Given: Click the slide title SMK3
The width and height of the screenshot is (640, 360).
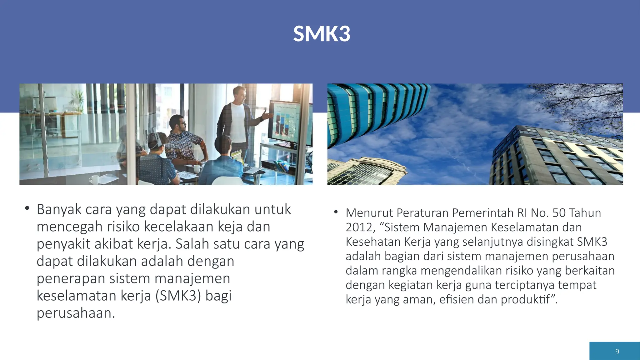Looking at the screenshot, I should [322, 34].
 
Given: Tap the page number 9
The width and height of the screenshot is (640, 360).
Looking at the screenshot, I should [617, 352].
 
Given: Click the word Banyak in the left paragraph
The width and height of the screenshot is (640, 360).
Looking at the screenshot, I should [59, 209].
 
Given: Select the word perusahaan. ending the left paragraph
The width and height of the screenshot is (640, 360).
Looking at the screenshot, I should [76, 313].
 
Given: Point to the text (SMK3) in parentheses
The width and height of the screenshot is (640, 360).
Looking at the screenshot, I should [178, 296].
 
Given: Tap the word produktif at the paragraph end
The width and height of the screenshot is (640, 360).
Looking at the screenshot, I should [526, 299].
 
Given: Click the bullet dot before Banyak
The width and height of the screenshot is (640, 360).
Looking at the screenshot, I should [27, 208].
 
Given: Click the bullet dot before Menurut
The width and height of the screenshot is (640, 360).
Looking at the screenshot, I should [336, 212].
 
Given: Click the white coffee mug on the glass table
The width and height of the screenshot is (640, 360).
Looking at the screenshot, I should [94, 180].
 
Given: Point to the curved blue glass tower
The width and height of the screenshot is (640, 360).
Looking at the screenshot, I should [372, 109].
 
